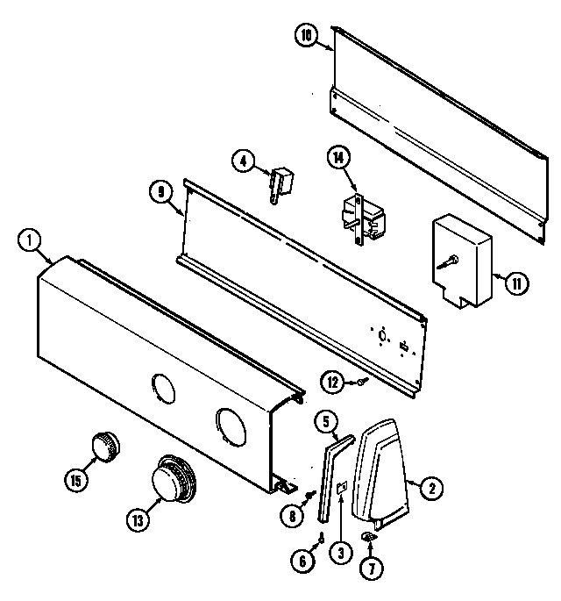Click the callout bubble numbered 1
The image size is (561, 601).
click(x=29, y=238)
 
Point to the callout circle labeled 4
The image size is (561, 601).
click(x=243, y=160)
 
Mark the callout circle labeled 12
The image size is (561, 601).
click(x=331, y=382)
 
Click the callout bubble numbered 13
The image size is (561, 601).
click(x=136, y=519)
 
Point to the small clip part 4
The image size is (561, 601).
click(x=281, y=182)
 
